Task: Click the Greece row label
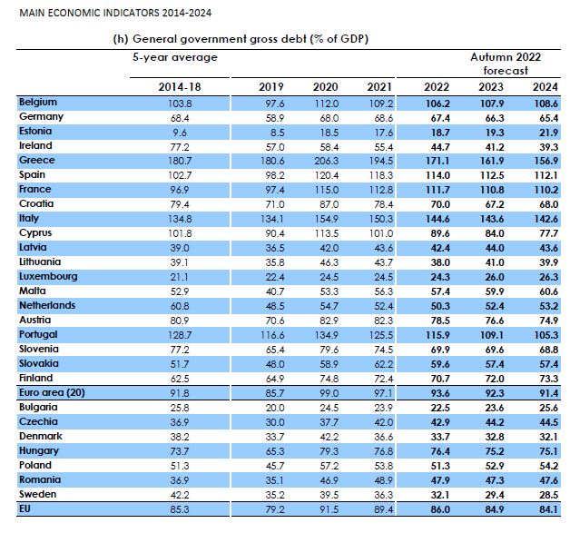point(37,160)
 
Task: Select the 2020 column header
point(325,87)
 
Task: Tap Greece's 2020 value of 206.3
point(327,161)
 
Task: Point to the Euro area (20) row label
point(52,392)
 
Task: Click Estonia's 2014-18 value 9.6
point(180,133)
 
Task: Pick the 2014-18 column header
point(180,87)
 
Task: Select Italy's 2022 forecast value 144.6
point(437,219)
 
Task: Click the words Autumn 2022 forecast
point(506,64)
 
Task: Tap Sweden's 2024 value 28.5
point(548,495)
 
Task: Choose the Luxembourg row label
point(48,276)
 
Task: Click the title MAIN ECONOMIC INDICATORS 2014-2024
point(115,13)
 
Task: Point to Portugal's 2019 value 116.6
point(272,335)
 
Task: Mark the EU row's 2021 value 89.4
point(384,509)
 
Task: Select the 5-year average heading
point(175,57)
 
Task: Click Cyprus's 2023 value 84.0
point(495,233)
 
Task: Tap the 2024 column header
point(545,87)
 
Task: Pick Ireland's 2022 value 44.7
point(440,147)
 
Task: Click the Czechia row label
point(38,421)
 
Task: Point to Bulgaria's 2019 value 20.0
point(275,408)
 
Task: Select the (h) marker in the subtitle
point(121,39)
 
